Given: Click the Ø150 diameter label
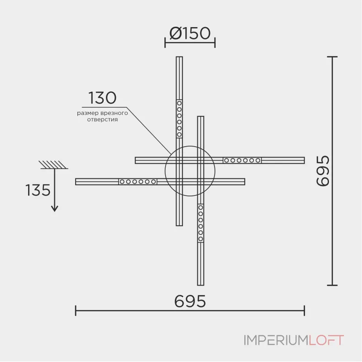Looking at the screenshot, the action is pos(190,33).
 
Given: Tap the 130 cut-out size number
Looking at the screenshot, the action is pos(102,98).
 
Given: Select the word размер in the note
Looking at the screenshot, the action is pos(87,114).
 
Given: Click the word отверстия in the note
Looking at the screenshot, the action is pos(102,119).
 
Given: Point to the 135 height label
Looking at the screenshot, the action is pos(38,190).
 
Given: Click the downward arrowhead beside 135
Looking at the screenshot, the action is pos(54,209).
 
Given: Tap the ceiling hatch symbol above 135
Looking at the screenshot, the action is pos(53,165).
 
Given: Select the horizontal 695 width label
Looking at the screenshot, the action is pos(190,301).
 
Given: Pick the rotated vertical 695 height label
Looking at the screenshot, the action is pos(323,171).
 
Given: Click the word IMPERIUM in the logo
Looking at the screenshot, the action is pos(276,340).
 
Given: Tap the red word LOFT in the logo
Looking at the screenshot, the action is pos(326,340).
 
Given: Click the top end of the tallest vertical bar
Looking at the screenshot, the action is pos(179,57).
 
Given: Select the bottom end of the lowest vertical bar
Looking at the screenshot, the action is pos(200,285).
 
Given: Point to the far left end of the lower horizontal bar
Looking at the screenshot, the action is pos(76,182).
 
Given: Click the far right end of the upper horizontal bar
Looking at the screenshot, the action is pos(304,160).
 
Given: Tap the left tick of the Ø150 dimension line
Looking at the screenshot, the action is pos(165,43).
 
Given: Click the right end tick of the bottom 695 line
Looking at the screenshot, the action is pos(305,310).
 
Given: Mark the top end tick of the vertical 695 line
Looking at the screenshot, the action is pos(333,57).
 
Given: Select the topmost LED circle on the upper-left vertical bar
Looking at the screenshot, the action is pos(179,103).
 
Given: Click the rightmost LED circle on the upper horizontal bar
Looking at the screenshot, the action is pos(258,160).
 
